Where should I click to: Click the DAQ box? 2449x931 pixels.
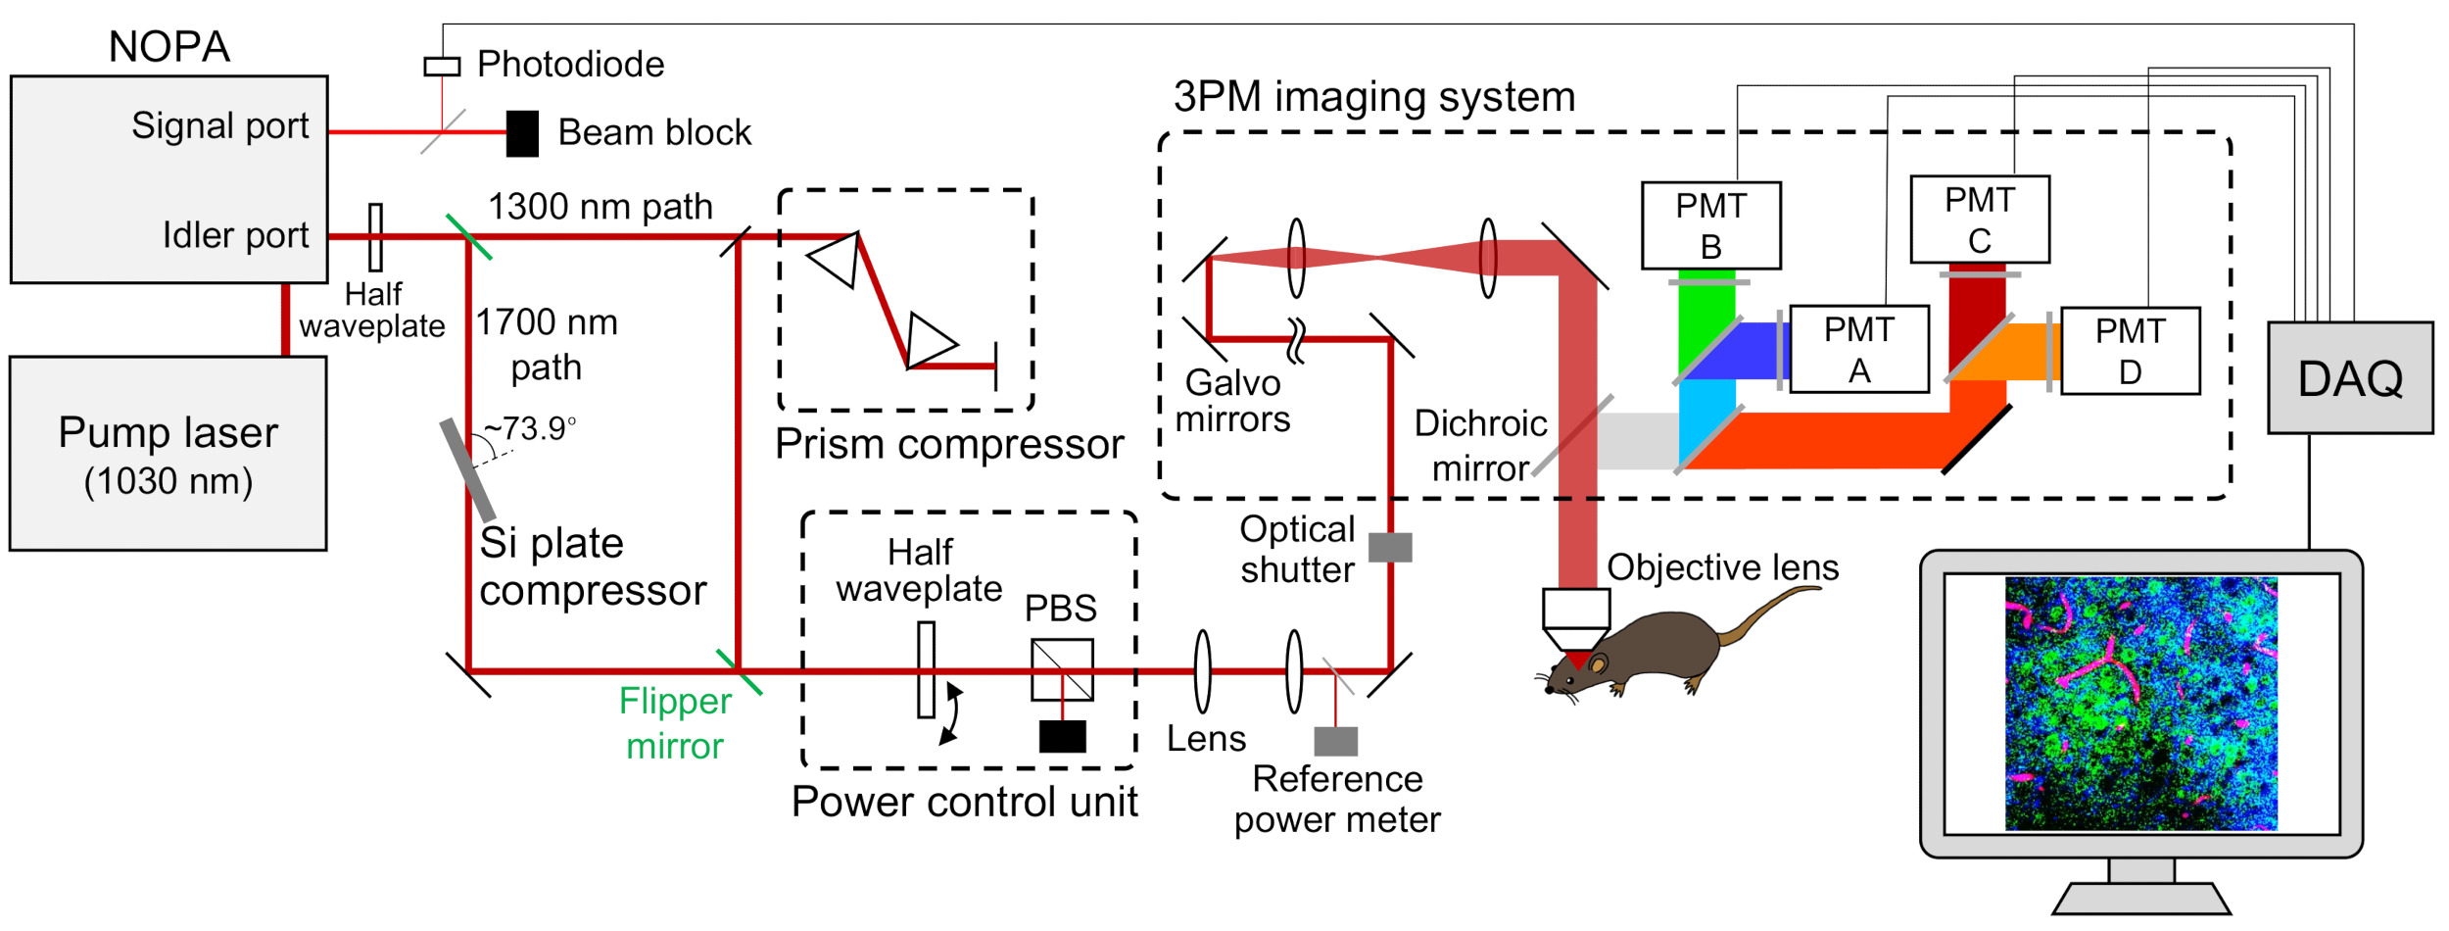click(2350, 377)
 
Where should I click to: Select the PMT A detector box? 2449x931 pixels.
click(1859, 349)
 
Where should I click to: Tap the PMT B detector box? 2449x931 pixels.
click(1711, 225)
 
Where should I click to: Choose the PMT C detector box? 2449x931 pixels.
click(1980, 220)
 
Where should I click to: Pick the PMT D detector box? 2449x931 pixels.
click(2131, 351)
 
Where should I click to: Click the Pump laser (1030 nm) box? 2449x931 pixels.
click(168, 454)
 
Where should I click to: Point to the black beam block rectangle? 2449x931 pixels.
click(522, 133)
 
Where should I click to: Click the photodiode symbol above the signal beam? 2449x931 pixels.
click(442, 67)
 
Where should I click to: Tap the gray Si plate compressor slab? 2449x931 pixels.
click(467, 469)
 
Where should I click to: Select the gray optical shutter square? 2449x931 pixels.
click(1390, 547)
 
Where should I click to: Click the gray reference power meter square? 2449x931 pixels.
click(1336, 741)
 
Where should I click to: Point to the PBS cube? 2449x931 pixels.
click(1062, 670)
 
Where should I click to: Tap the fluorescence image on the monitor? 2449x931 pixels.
click(2141, 704)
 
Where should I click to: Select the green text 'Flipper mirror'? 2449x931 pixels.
click(675, 723)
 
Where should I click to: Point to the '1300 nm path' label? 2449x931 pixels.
click(600, 207)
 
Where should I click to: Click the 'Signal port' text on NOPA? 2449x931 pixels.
click(220, 126)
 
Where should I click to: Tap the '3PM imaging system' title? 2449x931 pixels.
click(1374, 97)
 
